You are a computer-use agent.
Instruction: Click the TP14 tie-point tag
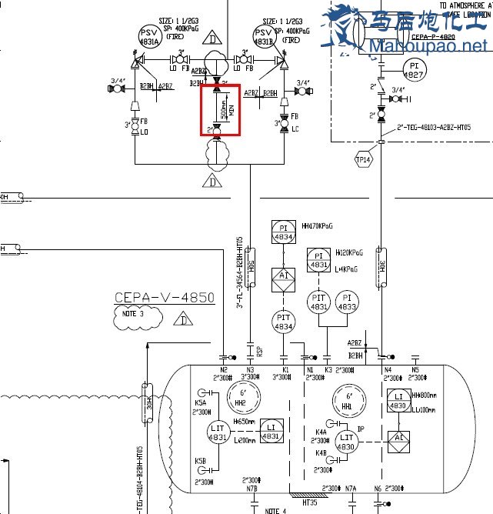pyautogui.click(x=363, y=159)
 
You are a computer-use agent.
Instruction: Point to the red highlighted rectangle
pyautogui.click(x=221, y=110)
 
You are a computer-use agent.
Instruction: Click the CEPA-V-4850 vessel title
pyautogui.click(x=164, y=298)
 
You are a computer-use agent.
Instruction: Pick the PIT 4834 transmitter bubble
pyautogui.click(x=284, y=322)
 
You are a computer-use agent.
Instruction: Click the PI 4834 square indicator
pyautogui.click(x=283, y=232)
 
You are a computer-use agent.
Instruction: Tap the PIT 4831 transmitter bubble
pyautogui.click(x=318, y=302)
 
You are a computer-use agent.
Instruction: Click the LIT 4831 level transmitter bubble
pyautogui.click(x=219, y=433)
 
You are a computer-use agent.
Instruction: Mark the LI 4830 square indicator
pyautogui.click(x=398, y=401)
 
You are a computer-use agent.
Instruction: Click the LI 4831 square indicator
pyautogui.click(x=270, y=432)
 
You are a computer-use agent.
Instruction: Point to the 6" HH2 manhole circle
pyautogui.click(x=240, y=398)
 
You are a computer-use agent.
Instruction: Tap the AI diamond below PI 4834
pyautogui.click(x=283, y=275)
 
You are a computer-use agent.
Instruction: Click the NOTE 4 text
pyautogui.click(x=275, y=510)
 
